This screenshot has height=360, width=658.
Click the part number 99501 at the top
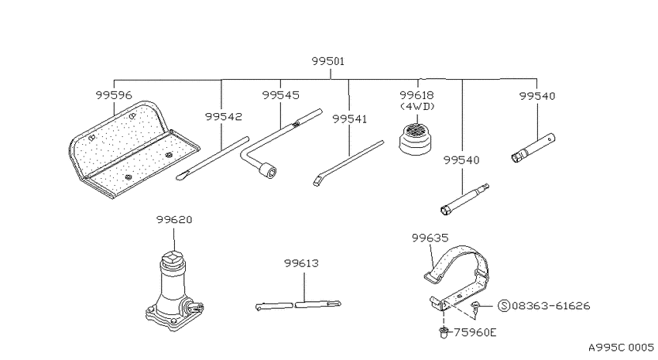pos(327,61)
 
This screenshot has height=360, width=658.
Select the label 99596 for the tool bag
pos(114,95)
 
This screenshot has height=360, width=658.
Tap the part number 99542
pos(224,116)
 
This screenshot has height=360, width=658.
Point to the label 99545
pos(281,95)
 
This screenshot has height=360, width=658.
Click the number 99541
pos(350,119)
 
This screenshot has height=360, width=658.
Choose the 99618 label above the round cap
pos(416,95)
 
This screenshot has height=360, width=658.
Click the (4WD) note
pos(417,107)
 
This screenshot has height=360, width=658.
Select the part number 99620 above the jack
pos(174,219)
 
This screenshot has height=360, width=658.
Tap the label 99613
pos(301,263)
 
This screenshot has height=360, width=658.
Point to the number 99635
pos(430,238)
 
